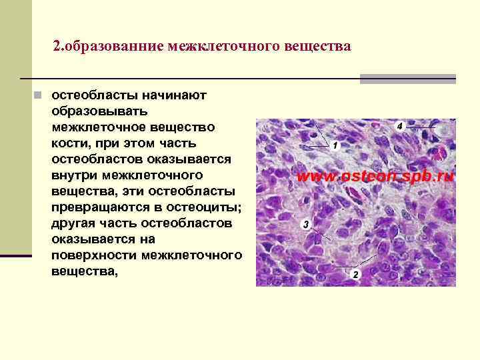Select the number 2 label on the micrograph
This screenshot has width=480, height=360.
355,274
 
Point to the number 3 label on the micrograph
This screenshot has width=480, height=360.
305,225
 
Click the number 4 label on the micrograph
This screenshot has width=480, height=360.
399,125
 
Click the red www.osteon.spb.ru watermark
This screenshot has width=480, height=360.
375,177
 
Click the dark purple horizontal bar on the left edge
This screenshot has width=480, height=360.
16,255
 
